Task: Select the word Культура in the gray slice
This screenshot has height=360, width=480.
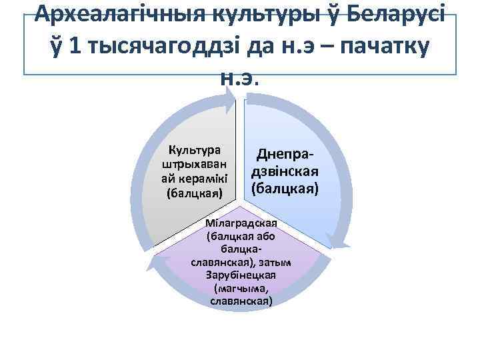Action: tap(195, 149)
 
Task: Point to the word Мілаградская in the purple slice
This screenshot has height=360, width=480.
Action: tap(241, 223)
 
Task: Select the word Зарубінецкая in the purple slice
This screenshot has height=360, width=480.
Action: tap(241, 275)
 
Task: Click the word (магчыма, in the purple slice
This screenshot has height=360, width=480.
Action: tap(241, 288)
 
